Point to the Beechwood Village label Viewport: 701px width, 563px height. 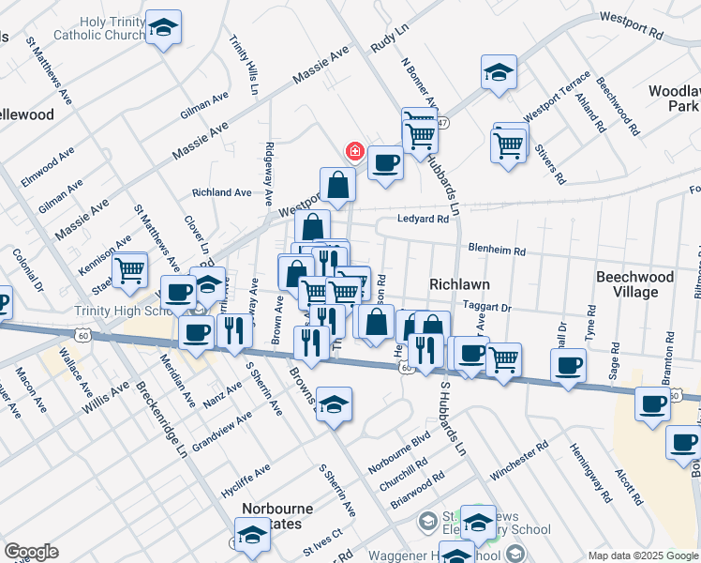(x=635, y=284)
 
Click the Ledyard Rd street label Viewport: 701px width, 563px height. (x=423, y=219)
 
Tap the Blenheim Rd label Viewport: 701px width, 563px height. (x=497, y=251)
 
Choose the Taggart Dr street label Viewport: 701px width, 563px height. (x=487, y=307)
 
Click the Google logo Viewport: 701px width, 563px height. (x=31, y=552)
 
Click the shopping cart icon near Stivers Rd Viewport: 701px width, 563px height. (x=509, y=145)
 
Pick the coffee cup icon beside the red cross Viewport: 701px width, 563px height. (x=385, y=163)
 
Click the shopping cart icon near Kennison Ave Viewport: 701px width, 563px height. (x=130, y=269)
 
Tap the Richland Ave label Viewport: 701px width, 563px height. (x=221, y=192)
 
